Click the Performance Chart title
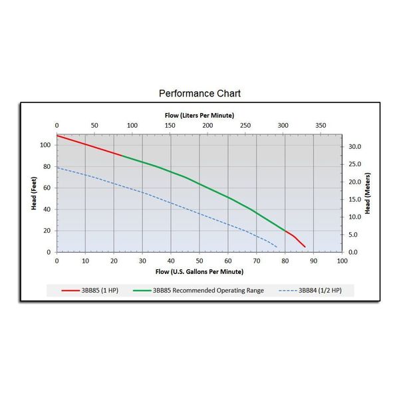pos(199,93)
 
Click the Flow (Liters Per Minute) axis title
pos(199,115)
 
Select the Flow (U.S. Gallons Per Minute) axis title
pos(199,271)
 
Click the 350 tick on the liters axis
pos(321,126)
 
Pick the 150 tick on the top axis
pos(170,126)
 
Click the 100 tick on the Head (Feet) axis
pos(47,145)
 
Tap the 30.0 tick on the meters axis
pos(354,147)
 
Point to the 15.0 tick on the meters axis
pos(354,199)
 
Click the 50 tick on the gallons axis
pos(199,261)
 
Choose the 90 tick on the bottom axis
pos(314,261)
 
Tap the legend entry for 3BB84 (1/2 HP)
pos(322,290)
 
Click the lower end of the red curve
pos(305,247)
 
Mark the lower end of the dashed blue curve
pos(277,247)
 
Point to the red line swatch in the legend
pos(70,291)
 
